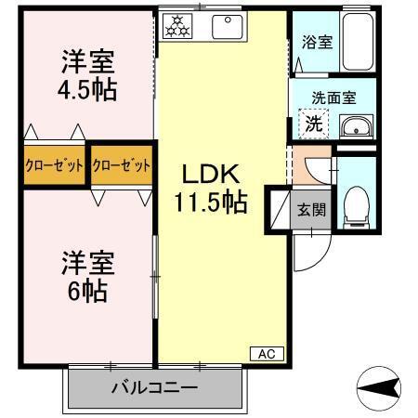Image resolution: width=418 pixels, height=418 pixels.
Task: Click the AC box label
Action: click(x=266, y=354)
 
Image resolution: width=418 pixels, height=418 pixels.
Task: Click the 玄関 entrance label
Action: click(x=311, y=210)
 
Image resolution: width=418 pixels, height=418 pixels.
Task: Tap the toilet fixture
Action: click(x=355, y=205)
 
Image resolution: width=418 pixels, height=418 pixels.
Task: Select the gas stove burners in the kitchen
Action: click(x=176, y=27)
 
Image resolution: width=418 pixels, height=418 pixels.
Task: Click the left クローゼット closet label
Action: click(x=55, y=166)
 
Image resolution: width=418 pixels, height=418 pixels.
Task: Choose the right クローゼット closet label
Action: click(x=122, y=166)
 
